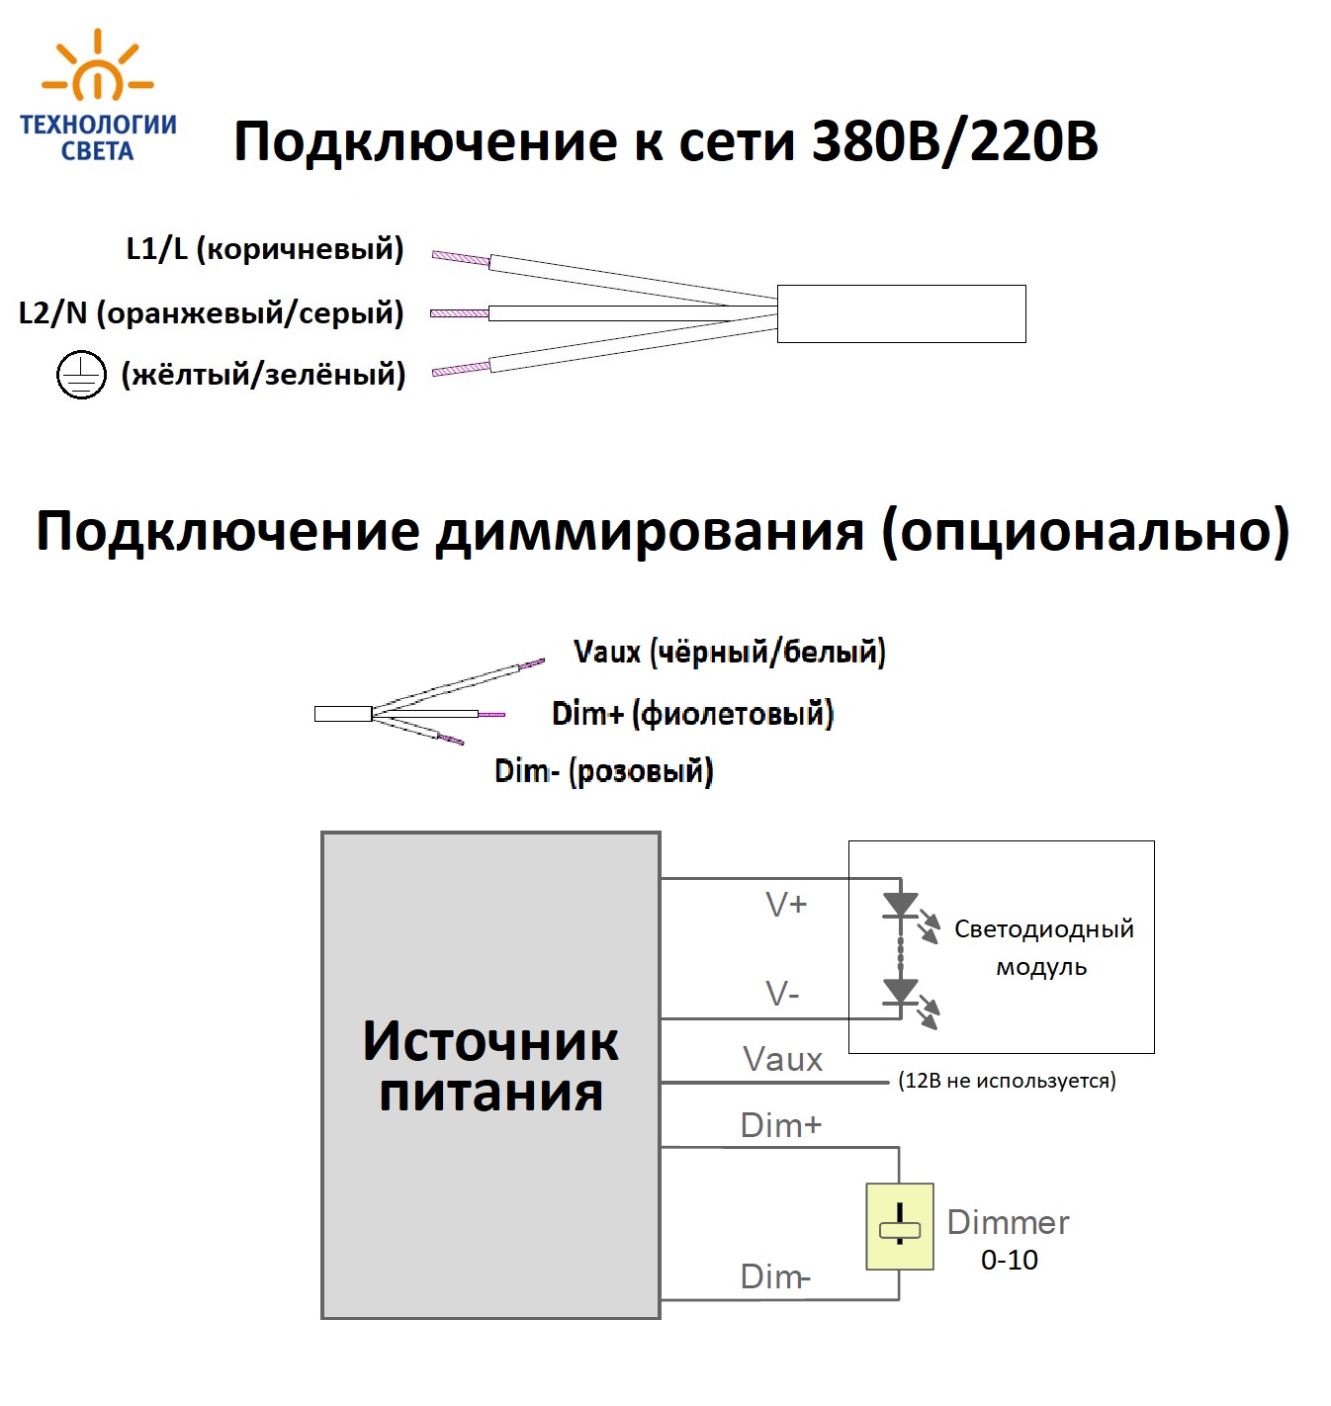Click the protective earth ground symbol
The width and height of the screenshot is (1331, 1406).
(x=80, y=375)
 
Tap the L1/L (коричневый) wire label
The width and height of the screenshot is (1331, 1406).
(x=265, y=248)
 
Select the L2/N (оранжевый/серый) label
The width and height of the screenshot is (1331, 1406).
(x=212, y=313)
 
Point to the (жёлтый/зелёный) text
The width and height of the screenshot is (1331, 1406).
(x=263, y=375)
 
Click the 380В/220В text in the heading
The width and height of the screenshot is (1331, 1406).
(x=954, y=141)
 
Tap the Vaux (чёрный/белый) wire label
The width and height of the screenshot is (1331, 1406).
(x=729, y=652)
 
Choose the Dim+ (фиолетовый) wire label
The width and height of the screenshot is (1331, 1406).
(x=692, y=713)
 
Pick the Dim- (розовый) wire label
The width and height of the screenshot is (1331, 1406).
(x=603, y=771)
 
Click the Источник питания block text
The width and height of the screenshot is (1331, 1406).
(x=490, y=1067)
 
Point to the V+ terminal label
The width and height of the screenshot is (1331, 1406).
(x=786, y=904)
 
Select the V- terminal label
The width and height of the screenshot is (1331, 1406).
(x=782, y=994)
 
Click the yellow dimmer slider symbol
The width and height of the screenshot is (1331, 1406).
(x=899, y=1226)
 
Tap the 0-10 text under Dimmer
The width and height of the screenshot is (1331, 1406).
(x=1009, y=1260)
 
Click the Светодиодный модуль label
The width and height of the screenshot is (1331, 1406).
(x=1043, y=947)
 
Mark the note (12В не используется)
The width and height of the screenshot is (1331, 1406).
(x=1007, y=1081)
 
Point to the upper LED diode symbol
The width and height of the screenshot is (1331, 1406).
(x=900, y=905)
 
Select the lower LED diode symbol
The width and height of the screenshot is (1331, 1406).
(x=900, y=992)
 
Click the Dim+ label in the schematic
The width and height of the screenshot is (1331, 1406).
(x=781, y=1125)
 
